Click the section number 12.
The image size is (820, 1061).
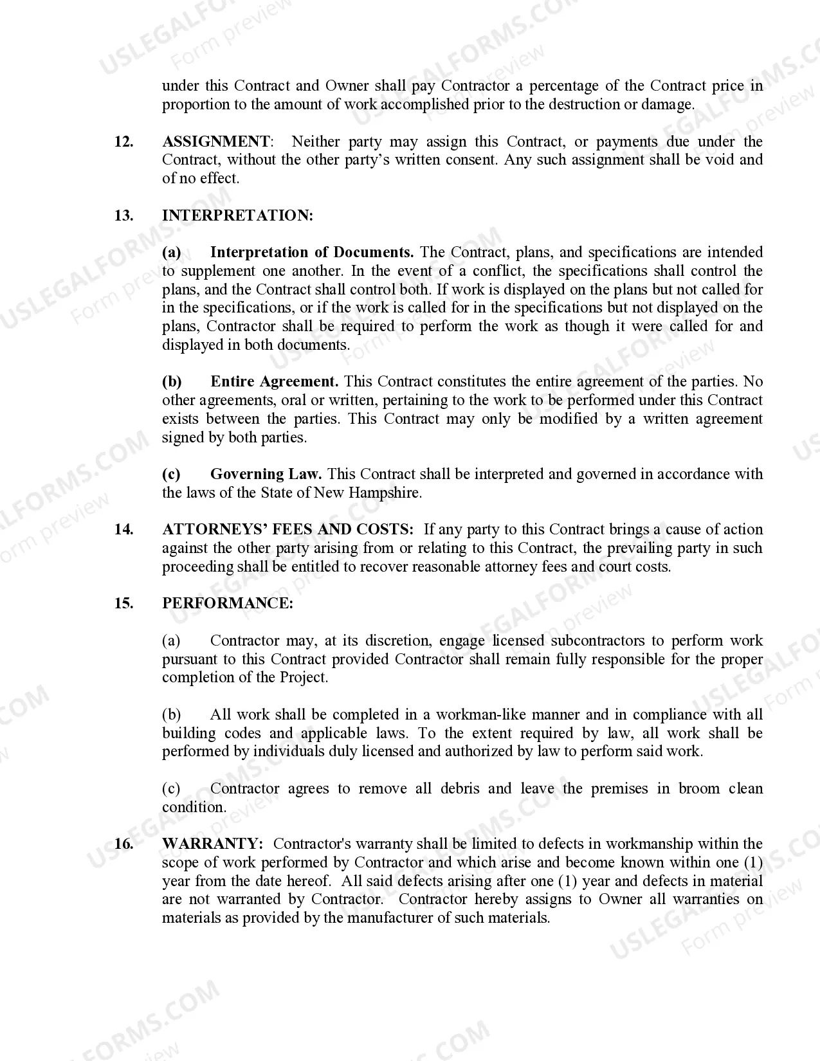pos(123,142)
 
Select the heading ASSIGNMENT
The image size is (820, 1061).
pos(216,142)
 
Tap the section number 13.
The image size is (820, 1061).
pos(123,216)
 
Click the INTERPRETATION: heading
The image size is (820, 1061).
pos(237,216)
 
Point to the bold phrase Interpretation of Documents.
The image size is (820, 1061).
pos(312,253)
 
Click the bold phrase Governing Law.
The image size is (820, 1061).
pos(266,475)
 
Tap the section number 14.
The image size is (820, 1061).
pos(123,530)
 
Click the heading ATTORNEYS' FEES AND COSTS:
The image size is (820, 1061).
pos(288,530)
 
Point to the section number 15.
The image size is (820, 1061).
pos(123,604)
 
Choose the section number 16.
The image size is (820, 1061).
pos(123,844)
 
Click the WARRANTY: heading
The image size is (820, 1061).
pos(212,844)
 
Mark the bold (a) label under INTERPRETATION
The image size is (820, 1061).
pos(171,253)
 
